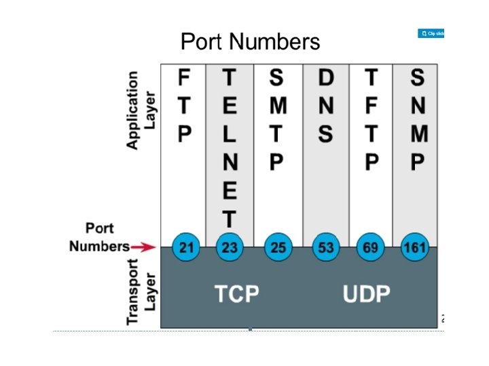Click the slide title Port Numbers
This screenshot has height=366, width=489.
250,42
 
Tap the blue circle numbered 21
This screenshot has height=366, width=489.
184,247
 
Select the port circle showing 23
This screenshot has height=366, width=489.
230,247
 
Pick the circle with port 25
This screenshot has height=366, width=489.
278,247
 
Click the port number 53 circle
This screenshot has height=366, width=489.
326,247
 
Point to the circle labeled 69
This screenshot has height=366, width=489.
370,247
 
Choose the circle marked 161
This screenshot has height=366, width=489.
415,247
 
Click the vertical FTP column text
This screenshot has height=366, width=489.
184,106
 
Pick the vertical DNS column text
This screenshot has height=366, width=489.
326,106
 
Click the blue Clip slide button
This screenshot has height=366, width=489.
431,33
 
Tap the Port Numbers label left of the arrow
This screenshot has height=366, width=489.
99,237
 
